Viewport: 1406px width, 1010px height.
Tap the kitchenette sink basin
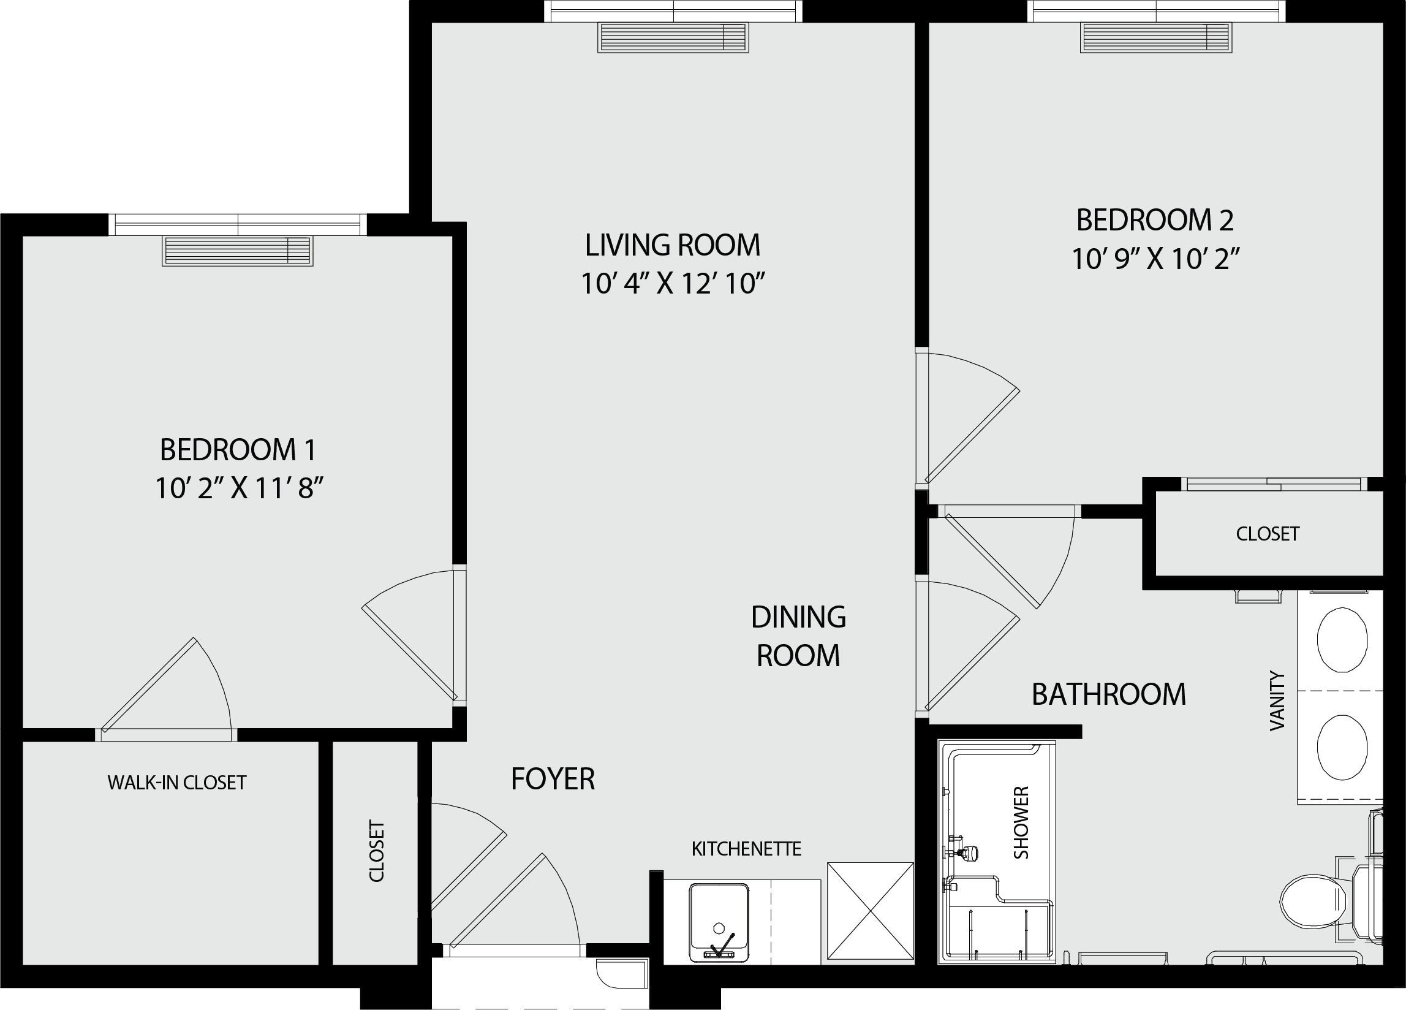(x=719, y=922)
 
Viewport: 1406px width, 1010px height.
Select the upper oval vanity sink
(x=1342, y=640)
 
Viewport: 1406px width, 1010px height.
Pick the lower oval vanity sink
(x=1342, y=747)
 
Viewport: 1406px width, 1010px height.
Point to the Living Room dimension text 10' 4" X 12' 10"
(x=673, y=284)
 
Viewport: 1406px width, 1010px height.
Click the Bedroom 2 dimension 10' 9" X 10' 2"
(x=1155, y=259)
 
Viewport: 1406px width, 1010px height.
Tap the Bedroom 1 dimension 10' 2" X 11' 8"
(x=240, y=488)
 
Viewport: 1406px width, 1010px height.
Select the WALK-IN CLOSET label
(x=176, y=783)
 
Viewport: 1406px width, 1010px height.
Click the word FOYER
(x=553, y=779)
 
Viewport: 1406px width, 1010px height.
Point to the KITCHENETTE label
(x=746, y=849)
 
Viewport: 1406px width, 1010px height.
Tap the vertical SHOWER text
(x=1021, y=822)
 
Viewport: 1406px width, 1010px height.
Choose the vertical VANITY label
(x=1277, y=701)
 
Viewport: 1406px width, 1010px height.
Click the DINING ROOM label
(x=798, y=636)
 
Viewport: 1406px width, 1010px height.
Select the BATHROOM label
(x=1109, y=694)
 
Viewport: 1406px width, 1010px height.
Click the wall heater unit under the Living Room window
(x=673, y=37)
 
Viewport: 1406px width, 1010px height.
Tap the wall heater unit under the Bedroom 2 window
(x=1156, y=37)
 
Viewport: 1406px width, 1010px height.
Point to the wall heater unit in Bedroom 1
(x=238, y=251)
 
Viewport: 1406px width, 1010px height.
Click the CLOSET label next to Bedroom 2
(x=1268, y=534)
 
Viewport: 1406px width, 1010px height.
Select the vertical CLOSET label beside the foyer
(x=377, y=851)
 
